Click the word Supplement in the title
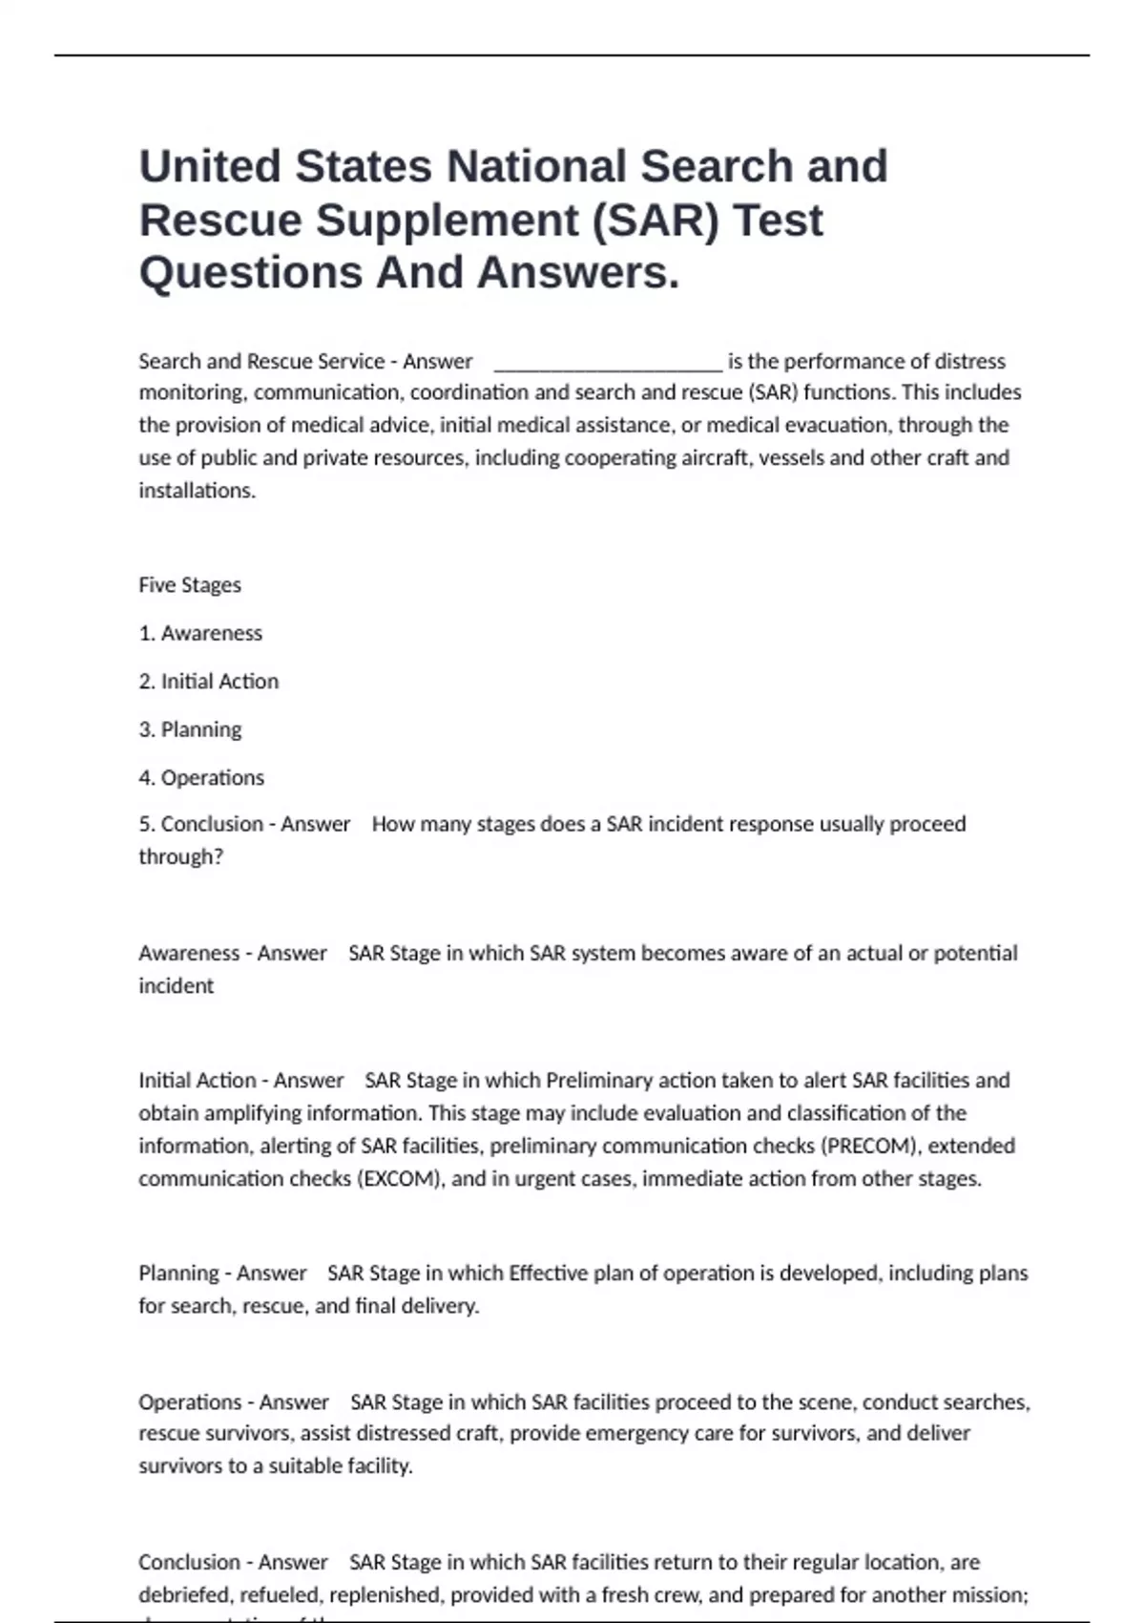[x=447, y=221]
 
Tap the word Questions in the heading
[x=250, y=273]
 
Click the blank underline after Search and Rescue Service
[x=608, y=363]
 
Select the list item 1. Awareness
[x=200, y=634]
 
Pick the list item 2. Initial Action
[x=209, y=682]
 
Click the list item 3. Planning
[x=190, y=730]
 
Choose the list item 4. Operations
[x=201, y=778]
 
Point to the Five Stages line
[x=190, y=585]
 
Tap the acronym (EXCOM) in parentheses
[x=401, y=1179]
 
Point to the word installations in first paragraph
[x=197, y=491]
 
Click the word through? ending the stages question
[x=180, y=857]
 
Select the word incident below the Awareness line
[x=176, y=986]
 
